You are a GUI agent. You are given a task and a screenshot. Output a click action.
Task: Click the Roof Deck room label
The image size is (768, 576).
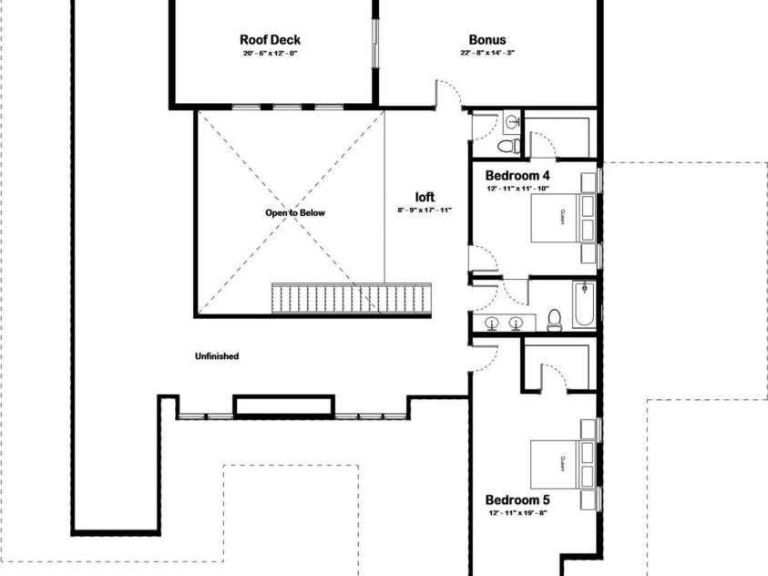pyautogui.click(x=270, y=39)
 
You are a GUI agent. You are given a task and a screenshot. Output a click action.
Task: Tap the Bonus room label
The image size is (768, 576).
pyautogui.click(x=487, y=39)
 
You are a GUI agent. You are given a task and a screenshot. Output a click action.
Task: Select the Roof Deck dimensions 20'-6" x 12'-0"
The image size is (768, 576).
pyautogui.click(x=270, y=53)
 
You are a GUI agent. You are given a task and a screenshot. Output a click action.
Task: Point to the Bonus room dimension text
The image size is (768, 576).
pyautogui.click(x=487, y=53)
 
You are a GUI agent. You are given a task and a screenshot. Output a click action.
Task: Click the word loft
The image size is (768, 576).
pyautogui.click(x=425, y=196)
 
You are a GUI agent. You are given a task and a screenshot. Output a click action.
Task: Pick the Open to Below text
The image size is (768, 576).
pyautogui.click(x=294, y=212)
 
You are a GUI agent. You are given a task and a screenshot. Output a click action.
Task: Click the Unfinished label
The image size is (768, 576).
pyautogui.click(x=216, y=356)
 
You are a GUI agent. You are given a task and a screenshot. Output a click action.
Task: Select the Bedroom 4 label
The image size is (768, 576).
pyautogui.click(x=517, y=174)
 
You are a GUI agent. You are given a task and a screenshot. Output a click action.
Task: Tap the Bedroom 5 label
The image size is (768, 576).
pyautogui.click(x=517, y=499)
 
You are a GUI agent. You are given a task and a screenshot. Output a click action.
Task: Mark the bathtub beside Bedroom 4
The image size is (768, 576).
pyautogui.click(x=584, y=305)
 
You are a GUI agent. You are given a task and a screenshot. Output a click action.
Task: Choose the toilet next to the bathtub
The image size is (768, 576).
pyautogui.click(x=554, y=318)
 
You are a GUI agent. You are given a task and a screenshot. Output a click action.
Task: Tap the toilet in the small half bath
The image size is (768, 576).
pyautogui.click(x=512, y=145)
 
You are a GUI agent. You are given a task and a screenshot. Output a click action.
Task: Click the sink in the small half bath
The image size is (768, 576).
pyautogui.click(x=512, y=119)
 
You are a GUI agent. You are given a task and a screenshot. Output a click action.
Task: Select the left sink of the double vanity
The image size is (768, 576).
pyautogui.click(x=492, y=321)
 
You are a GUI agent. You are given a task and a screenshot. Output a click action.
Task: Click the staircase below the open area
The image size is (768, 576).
pyautogui.click(x=352, y=299)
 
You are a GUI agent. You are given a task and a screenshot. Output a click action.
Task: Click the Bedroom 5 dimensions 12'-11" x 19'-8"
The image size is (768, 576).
pyautogui.click(x=517, y=513)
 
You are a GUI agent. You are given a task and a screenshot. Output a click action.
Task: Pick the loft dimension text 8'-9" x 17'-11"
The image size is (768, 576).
pyautogui.click(x=425, y=210)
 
